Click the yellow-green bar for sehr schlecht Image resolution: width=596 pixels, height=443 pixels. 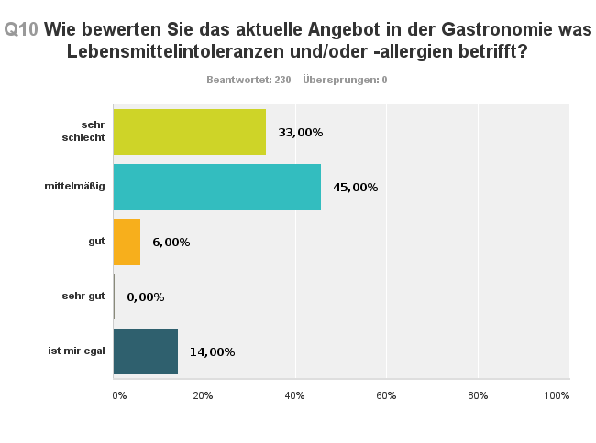point(189,132)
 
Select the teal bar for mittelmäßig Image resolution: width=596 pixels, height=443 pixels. point(216,187)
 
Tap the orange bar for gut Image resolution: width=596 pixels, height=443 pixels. point(127,242)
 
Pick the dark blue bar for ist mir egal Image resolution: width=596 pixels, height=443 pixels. point(145,351)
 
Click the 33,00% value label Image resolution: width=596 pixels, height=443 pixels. point(300,133)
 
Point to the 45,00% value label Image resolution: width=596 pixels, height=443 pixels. point(355,188)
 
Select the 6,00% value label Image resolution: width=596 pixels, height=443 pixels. point(171,243)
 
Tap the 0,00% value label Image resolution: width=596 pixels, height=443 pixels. point(145,297)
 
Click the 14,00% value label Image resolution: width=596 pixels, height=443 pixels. point(212,352)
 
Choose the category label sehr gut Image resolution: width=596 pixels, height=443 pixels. point(83,297)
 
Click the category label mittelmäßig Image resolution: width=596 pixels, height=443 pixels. point(75,187)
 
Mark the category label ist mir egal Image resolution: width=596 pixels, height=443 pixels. point(76,351)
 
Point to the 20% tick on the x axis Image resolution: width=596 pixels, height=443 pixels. point(203,395)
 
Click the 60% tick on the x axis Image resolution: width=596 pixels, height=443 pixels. point(385,395)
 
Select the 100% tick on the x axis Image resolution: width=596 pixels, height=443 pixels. point(557,395)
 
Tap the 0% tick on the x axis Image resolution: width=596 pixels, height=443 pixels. point(119,395)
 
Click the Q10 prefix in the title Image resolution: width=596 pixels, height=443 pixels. point(21,29)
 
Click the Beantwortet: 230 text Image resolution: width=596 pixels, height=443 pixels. point(248,80)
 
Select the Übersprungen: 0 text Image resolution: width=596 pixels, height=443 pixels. point(345,80)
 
